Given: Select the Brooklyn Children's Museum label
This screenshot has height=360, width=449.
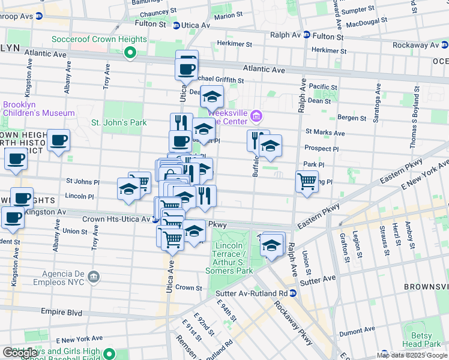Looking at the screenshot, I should point(39,109).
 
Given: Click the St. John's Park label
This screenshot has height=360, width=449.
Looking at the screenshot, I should point(119,122).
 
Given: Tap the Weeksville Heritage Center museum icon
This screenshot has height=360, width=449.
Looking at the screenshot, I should point(256,115).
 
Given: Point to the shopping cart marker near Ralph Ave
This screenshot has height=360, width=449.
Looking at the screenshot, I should point(307,181).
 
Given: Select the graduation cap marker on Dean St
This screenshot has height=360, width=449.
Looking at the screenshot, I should point(212,96).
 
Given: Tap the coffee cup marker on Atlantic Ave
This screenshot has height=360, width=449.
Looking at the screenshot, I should point(187,67).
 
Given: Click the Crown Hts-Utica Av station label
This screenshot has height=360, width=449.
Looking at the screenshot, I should point(116,220).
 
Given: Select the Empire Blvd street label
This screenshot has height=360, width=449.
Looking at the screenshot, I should point(61,312).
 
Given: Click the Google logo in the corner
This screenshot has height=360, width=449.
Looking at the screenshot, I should point(21,353).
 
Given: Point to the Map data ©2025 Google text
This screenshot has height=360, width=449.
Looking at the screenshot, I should point(412,355).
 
